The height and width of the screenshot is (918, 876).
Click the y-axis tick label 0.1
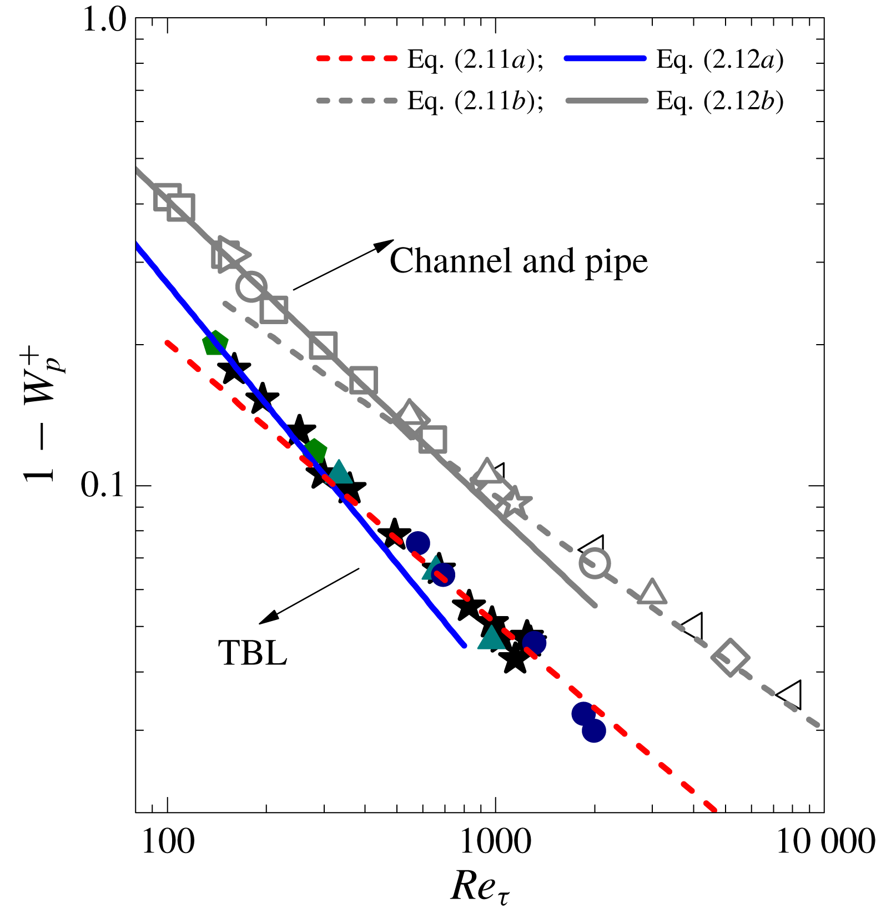104,486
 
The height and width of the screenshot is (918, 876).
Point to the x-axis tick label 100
168,841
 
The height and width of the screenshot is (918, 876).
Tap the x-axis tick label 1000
496,841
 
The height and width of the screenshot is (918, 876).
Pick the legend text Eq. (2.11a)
475,59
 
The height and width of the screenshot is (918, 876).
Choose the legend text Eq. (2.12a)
719,59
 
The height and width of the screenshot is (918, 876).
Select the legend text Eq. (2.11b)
475,101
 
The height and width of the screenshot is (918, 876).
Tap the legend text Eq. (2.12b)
719,101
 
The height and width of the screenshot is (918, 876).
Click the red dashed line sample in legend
357,58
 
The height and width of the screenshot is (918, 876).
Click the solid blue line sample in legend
605,58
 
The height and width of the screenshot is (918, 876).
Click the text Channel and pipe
518,260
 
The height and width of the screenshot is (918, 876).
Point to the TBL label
253,653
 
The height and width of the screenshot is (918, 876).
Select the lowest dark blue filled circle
593,730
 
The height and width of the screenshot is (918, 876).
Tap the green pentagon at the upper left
215,344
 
